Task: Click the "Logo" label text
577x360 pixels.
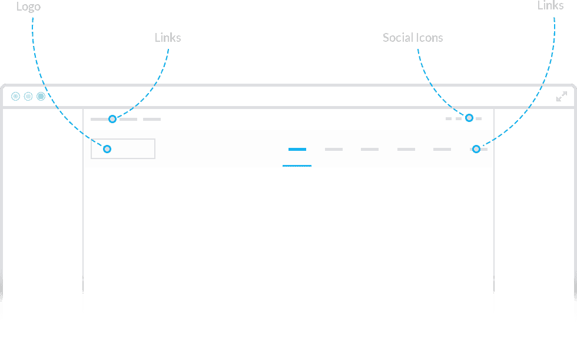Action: point(28,6)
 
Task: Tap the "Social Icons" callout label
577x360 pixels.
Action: point(413,38)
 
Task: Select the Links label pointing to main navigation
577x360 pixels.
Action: point(551,5)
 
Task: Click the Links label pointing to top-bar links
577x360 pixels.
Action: point(168,38)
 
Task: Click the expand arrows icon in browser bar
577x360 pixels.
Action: point(562,97)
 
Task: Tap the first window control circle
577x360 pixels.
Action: point(15,97)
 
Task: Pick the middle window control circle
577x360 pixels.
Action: point(28,97)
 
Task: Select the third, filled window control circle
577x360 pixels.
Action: point(41,97)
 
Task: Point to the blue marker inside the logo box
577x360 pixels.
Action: point(107,149)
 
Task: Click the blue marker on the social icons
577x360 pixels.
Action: point(469,118)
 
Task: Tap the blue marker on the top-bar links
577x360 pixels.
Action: point(112,119)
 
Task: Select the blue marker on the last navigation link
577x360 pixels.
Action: point(476,149)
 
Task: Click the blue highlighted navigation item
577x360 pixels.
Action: point(297,149)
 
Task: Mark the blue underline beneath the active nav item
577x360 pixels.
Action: point(297,166)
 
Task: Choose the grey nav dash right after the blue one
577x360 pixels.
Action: point(334,149)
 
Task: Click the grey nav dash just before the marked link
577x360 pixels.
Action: point(442,149)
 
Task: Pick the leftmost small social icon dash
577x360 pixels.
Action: point(449,118)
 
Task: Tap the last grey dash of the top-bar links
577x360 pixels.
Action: point(152,119)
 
